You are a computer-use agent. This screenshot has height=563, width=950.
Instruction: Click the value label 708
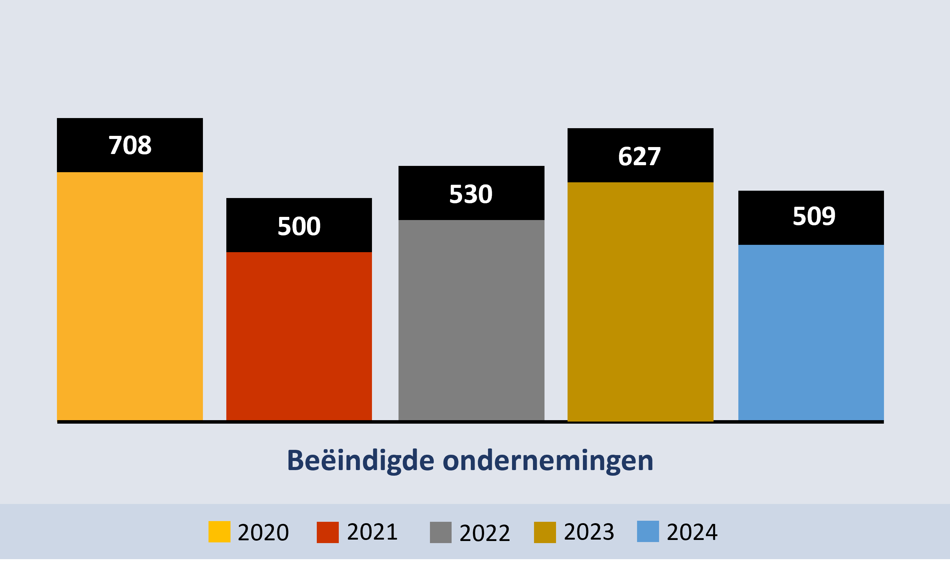(x=130, y=145)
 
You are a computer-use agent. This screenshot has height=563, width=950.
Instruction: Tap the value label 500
(x=299, y=226)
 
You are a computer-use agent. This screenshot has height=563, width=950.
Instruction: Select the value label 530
(x=471, y=194)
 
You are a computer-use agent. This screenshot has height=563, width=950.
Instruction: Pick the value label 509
(x=814, y=216)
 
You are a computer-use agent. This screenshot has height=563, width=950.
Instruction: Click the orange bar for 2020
(x=130, y=296)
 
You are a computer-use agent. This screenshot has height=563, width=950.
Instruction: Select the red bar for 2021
(x=299, y=336)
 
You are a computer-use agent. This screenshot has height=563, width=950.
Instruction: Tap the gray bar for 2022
(x=471, y=320)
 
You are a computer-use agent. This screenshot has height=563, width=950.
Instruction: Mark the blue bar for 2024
(x=811, y=332)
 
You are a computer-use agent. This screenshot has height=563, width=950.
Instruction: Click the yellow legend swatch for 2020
(x=219, y=532)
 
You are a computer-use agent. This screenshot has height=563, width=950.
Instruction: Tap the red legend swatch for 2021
(x=327, y=532)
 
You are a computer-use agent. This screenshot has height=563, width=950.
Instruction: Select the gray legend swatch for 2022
(x=440, y=532)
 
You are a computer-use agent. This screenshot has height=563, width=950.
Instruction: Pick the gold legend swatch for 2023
(x=545, y=532)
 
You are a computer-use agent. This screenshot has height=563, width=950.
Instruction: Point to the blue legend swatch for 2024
(x=648, y=531)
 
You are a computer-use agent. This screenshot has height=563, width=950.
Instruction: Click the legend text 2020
(x=263, y=532)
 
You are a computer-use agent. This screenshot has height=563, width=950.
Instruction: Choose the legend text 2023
(x=589, y=532)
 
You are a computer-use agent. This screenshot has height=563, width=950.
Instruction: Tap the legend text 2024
(x=692, y=532)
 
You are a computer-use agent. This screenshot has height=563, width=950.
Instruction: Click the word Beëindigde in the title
(x=360, y=461)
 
